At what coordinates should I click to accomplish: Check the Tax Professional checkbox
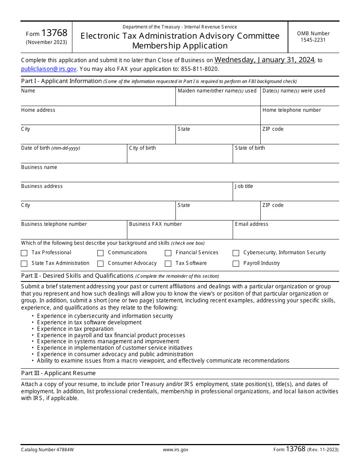click(24, 253)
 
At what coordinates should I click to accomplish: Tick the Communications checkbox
click(100, 253)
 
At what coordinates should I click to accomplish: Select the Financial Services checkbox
click(168, 253)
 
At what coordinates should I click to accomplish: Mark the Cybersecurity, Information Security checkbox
click(236, 253)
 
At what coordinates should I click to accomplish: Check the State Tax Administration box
click(24, 264)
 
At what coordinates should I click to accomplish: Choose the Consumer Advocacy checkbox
click(100, 264)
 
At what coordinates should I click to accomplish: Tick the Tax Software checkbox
click(168, 264)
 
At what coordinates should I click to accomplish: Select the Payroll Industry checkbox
click(236, 264)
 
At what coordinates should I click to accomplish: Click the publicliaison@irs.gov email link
click(49, 69)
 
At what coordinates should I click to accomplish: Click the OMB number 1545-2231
click(313, 40)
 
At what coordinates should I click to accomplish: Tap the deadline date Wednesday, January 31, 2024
click(265, 60)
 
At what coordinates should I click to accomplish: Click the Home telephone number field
click(299, 118)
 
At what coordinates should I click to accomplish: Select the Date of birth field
click(74, 156)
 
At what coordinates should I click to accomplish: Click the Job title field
click(286, 194)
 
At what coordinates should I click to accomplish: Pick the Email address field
click(286, 232)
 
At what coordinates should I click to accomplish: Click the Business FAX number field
click(180, 232)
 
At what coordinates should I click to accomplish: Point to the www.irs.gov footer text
click(175, 450)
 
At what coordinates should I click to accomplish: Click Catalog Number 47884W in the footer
click(47, 450)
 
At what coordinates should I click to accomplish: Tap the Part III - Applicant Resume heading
click(58, 373)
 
